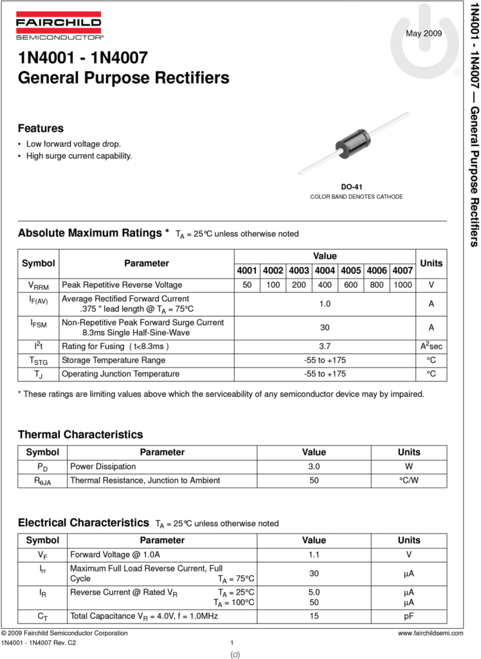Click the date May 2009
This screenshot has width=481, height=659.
(424, 33)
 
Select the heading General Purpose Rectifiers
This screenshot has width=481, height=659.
(123, 78)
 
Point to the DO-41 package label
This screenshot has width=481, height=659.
(356, 187)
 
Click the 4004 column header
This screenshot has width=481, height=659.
(325, 270)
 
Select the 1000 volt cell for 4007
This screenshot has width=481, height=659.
(403, 285)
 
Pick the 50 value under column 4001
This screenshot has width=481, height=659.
(247, 285)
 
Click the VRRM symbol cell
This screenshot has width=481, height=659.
(39, 285)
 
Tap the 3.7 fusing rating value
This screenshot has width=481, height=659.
(325, 346)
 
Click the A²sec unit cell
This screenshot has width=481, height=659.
(431, 346)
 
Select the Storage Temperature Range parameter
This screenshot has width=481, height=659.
(113, 360)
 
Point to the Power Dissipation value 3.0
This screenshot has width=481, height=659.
(314, 467)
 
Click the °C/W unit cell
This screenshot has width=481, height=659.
(408, 480)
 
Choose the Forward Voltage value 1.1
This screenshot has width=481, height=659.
(314, 554)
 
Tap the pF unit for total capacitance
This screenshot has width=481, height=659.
(408, 616)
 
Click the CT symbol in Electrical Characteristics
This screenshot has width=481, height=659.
(42, 617)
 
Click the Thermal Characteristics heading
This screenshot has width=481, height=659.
(80, 434)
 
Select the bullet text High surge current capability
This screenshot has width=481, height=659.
(79, 156)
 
